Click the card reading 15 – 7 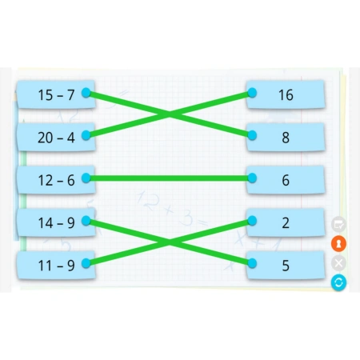coord(56,94)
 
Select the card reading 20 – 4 coord(56,138)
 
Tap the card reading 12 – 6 coord(56,180)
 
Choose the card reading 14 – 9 coord(56,222)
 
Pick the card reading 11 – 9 coord(56,266)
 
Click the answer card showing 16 coord(286,94)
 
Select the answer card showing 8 coord(286,138)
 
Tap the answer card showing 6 coord(286,180)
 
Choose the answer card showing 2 coord(286,222)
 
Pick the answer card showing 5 coord(286,266)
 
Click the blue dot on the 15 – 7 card coord(86,93)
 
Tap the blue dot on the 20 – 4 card coord(86,135)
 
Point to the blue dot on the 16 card coord(252,93)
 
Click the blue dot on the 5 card coord(252,263)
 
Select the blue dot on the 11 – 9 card coord(86,263)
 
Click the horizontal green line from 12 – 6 coord(169,178)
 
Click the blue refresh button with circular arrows coord(338,282)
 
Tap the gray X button coord(338,263)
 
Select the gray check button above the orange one coord(338,224)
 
